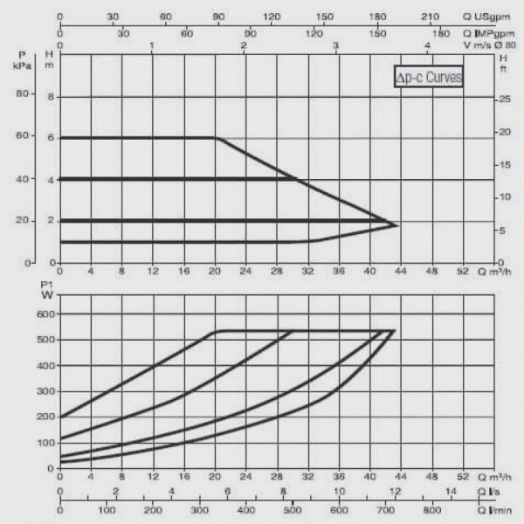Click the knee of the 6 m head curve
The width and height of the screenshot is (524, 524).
pyautogui.click(x=217, y=138)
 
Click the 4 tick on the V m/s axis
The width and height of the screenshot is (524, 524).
pyautogui.click(x=427, y=45)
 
